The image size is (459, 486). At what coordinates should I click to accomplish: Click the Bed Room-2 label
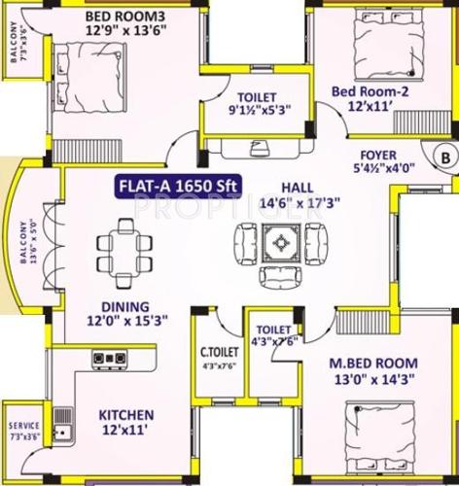[x=366, y=92]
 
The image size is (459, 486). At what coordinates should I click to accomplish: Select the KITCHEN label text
[x=127, y=415]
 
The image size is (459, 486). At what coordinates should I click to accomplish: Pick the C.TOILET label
[x=219, y=352]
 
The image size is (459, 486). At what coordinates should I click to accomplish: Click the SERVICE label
[x=24, y=426]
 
